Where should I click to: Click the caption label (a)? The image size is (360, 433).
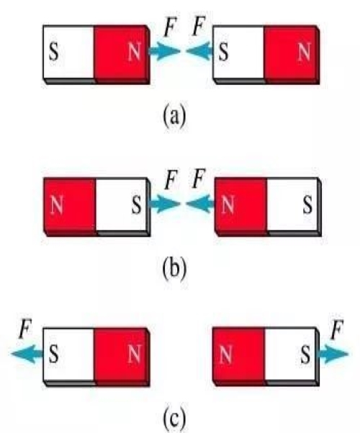174,117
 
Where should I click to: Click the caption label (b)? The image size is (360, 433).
174,269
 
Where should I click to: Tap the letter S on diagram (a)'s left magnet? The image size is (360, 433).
54,52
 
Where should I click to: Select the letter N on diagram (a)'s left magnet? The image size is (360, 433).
135,52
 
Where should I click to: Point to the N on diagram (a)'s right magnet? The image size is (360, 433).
305,52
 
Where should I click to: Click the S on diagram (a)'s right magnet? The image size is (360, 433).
224,52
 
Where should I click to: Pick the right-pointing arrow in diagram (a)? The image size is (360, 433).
165,51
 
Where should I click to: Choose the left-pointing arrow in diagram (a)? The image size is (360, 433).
199,51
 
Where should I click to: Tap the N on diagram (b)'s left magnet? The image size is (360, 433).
57,205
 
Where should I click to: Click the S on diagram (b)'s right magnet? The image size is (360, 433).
308,205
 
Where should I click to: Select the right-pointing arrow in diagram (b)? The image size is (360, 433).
165,204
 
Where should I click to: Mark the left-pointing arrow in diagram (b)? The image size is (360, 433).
200,204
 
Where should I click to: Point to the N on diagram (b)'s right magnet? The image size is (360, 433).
228,205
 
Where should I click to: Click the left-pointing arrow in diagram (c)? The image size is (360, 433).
27,354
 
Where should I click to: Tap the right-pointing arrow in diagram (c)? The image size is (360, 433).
333,354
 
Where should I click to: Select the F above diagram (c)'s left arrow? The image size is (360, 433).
25,329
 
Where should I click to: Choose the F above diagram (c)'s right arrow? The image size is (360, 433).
337,329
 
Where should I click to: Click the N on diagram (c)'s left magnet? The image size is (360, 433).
135,354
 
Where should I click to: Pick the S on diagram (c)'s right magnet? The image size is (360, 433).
305,354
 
